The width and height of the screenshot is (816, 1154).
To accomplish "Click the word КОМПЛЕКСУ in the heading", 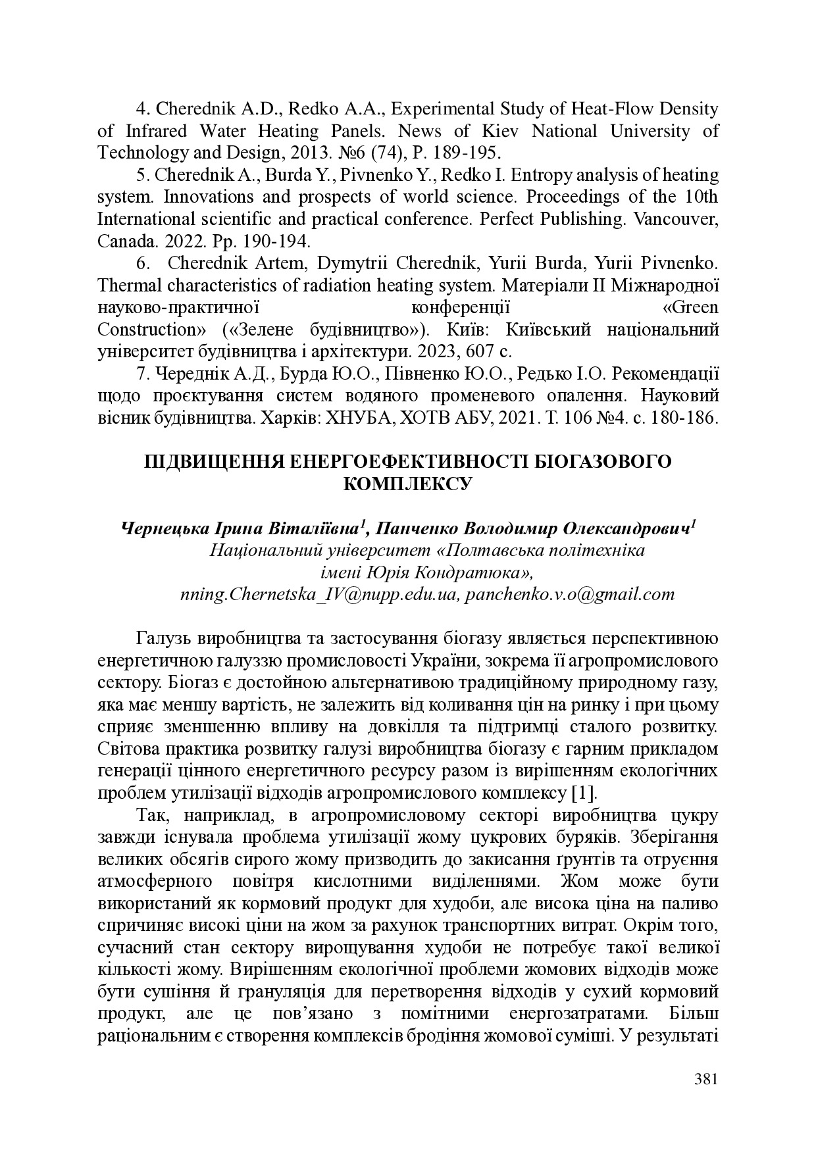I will [408, 484].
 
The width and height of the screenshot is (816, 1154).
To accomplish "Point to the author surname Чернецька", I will [163, 529].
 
